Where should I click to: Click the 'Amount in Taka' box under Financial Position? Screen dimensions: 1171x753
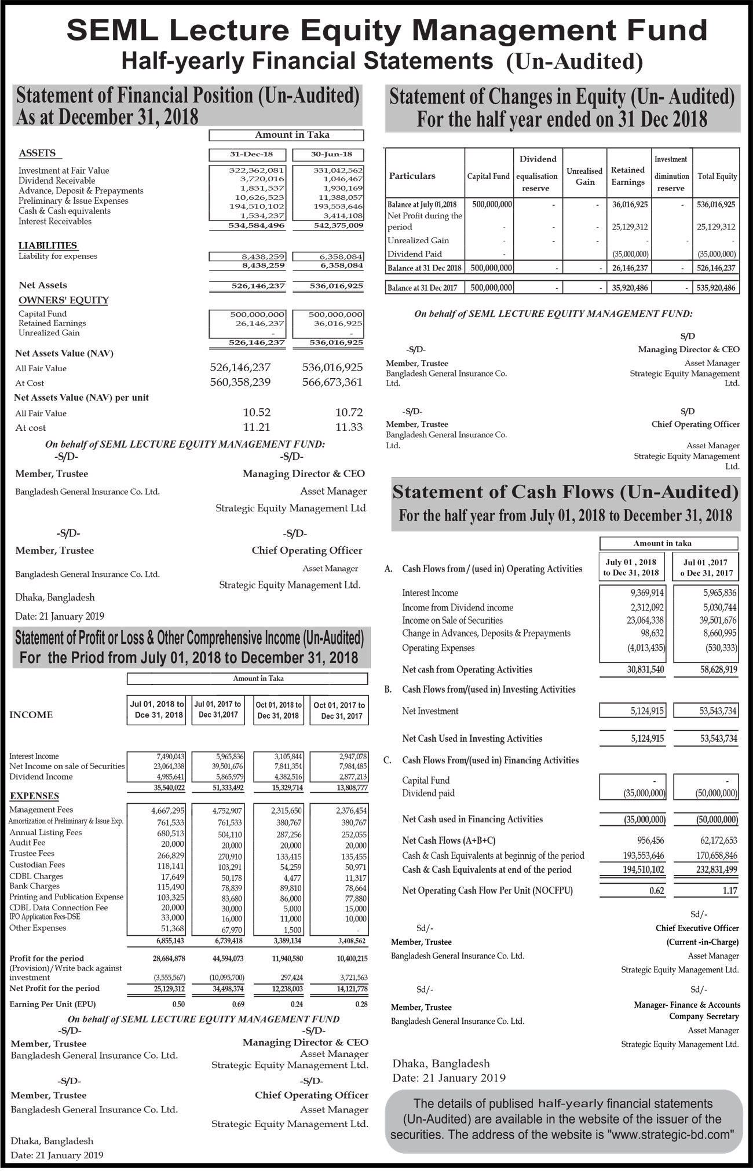click(x=286, y=135)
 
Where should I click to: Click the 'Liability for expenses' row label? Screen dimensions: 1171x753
click(x=58, y=256)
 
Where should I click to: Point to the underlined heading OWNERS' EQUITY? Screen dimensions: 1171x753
click(x=64, y=300)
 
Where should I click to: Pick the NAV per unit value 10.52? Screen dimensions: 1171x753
click(x=257, y=412)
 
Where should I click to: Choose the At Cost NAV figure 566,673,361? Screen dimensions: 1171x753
click(x=332, y=382)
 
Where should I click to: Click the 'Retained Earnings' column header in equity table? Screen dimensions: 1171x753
click(x=627, y=175)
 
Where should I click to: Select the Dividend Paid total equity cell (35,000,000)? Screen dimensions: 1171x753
click(x=717, y=254)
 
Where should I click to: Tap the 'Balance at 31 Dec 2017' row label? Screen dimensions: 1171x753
click(x=424, y=288)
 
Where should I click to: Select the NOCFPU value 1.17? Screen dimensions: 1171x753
click(x=730, y=891)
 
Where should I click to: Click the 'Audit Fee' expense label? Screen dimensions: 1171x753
click(x=27, y=843)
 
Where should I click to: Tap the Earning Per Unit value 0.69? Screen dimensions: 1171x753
click(x=237, y=1004)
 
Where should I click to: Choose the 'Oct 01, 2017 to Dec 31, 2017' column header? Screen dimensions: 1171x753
click(x=339, y=710)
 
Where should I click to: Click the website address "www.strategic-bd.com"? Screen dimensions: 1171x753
click(x=672, y=1135)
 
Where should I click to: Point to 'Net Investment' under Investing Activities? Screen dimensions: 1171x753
click(x=430, y=711)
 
